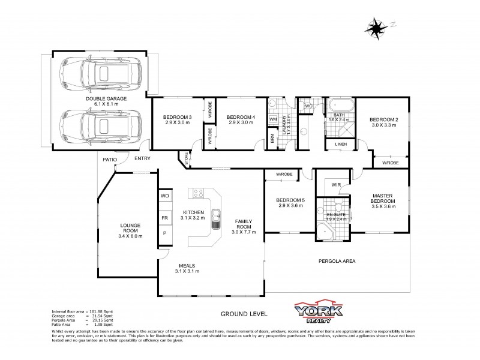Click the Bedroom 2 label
coord(384,122)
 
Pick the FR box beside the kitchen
coord(164,218)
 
